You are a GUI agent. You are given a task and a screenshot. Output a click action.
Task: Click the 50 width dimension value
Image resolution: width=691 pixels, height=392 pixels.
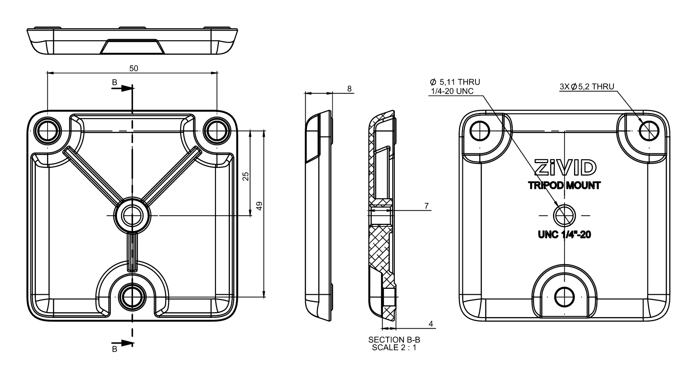[134, 68]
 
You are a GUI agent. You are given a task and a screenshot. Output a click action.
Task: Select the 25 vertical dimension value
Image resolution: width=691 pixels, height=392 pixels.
[246, 176]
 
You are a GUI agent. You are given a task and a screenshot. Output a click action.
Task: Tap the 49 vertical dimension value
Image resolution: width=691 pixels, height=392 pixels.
[259, 206]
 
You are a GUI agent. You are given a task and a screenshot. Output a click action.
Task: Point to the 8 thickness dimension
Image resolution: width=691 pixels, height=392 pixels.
[349, 89]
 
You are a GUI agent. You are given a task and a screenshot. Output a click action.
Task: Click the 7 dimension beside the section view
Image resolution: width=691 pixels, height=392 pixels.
[426, 206]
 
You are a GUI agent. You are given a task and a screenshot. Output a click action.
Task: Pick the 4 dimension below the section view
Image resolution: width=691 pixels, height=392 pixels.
[431, 323]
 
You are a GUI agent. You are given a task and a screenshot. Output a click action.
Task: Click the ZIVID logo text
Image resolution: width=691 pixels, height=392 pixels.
[565, 167]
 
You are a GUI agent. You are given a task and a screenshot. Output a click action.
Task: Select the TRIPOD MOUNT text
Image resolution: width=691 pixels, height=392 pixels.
[564, 186]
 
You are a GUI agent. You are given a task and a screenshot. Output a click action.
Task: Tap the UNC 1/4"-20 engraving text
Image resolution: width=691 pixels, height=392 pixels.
[564, 235]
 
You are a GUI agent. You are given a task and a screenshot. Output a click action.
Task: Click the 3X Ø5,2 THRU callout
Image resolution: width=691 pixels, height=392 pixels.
[587, 87]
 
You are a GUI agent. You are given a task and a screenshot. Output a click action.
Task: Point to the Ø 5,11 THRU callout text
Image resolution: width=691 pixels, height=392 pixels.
[454, 82]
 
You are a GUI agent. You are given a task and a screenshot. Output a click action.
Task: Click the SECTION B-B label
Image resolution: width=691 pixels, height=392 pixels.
[394, 340]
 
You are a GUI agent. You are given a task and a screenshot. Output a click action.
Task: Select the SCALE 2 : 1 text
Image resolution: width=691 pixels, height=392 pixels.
[394, 347]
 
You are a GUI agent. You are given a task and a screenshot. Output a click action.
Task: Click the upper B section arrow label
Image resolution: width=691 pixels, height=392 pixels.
[114, 83]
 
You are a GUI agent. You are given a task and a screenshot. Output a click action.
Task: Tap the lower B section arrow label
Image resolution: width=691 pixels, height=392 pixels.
[114, 348]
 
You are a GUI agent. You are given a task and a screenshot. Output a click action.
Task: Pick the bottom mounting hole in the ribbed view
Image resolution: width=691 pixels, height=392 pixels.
[132, 296]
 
